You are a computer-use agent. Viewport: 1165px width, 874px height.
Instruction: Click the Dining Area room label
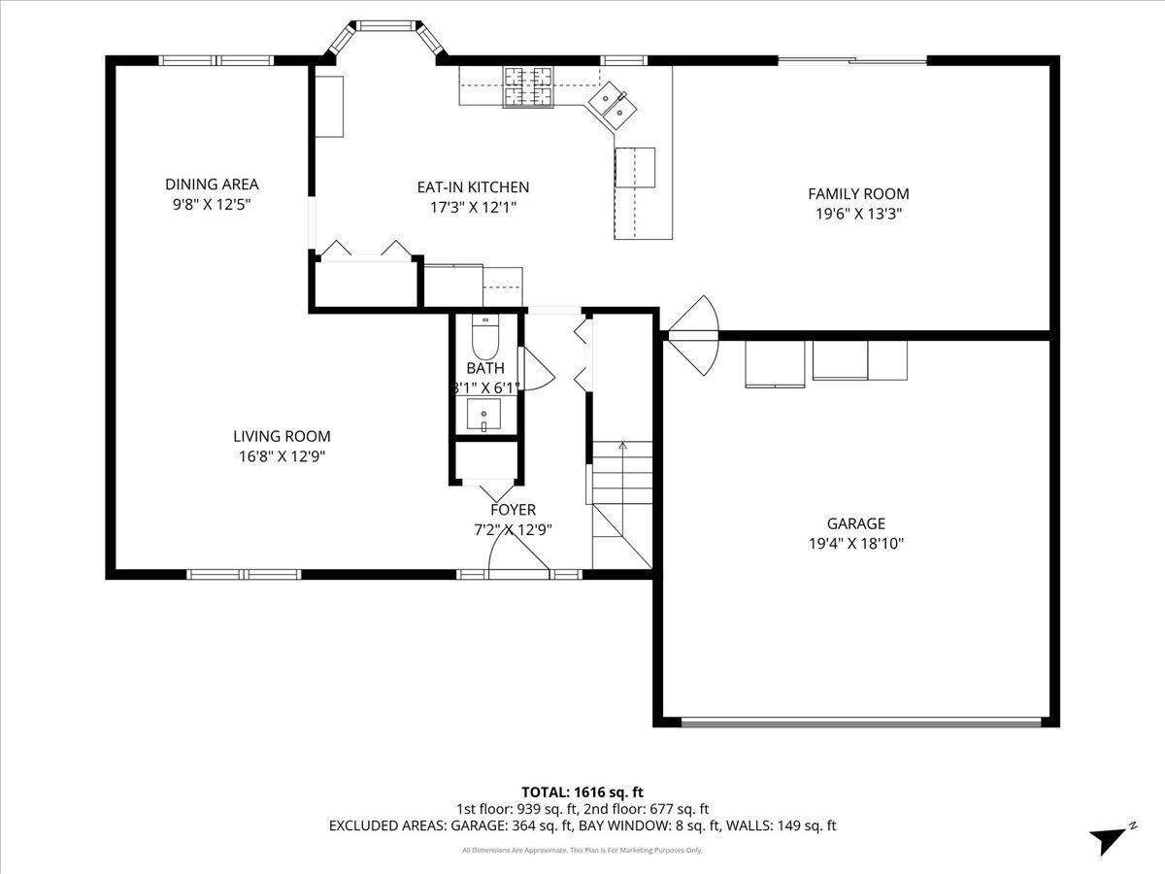(212, 185)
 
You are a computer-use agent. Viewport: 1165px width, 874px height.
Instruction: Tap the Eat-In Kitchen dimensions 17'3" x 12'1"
(473, 207)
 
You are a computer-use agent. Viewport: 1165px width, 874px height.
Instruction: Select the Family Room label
(858, 193)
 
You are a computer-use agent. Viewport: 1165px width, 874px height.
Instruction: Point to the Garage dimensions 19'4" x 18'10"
(855, 544)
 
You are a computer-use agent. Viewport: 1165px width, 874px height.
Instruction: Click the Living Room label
(282, 436)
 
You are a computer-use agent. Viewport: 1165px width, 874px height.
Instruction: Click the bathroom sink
(483, 415)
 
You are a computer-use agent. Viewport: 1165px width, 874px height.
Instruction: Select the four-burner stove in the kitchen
(528, 87)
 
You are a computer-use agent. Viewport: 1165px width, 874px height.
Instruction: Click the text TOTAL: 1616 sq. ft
(582, 792)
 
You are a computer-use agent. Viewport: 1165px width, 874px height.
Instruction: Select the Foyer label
(513, 510)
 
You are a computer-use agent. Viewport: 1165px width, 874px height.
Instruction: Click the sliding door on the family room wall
(852, 60)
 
